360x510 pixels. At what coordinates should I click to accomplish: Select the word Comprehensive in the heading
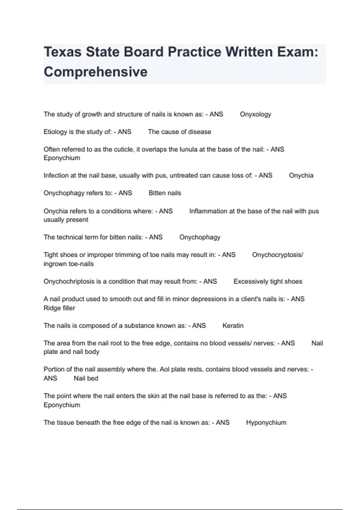(x=96, y=72)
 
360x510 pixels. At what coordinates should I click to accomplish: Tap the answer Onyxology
(x=255, y=114)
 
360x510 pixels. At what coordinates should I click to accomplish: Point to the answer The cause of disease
(x=179, y=132)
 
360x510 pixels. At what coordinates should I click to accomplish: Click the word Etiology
(x=55, y=132)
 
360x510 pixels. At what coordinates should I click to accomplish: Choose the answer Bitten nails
(x=165, y=193)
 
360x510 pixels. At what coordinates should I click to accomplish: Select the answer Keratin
(x=233, y=325)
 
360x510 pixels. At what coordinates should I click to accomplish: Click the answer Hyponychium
(x=266, y=422)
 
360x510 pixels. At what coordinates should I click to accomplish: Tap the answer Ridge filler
(x=59, y=308)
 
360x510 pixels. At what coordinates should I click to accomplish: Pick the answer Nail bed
(x=86, y=378)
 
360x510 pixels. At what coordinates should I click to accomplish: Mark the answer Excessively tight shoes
(x=268, y=281)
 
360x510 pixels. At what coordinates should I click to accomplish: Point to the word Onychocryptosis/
(x=277, y=255)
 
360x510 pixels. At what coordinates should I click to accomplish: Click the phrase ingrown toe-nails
(x=68, y=264)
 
